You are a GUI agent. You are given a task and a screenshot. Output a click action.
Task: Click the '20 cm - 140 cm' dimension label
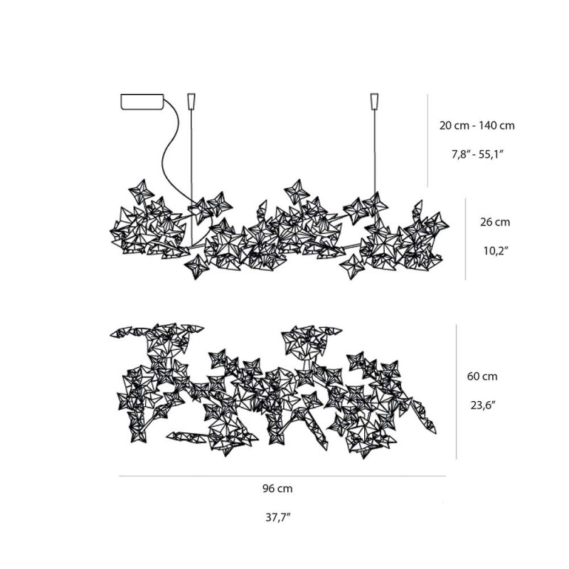[477, 126]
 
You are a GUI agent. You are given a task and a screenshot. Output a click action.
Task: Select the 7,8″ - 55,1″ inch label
[478, 154]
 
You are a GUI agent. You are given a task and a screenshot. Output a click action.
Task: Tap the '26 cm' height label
[495, 222]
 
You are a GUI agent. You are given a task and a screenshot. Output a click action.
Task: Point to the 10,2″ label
[495, 250]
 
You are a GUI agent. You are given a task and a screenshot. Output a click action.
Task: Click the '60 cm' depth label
[482, 376]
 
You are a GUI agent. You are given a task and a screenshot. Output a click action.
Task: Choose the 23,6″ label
[483, 405]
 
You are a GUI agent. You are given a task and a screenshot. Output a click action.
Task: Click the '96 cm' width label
[277, 489]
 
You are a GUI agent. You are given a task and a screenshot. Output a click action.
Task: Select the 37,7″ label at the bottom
[278, 517]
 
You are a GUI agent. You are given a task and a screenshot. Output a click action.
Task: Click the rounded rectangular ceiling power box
[142, 102]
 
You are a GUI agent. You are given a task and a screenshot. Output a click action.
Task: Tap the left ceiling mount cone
[191, 101]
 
